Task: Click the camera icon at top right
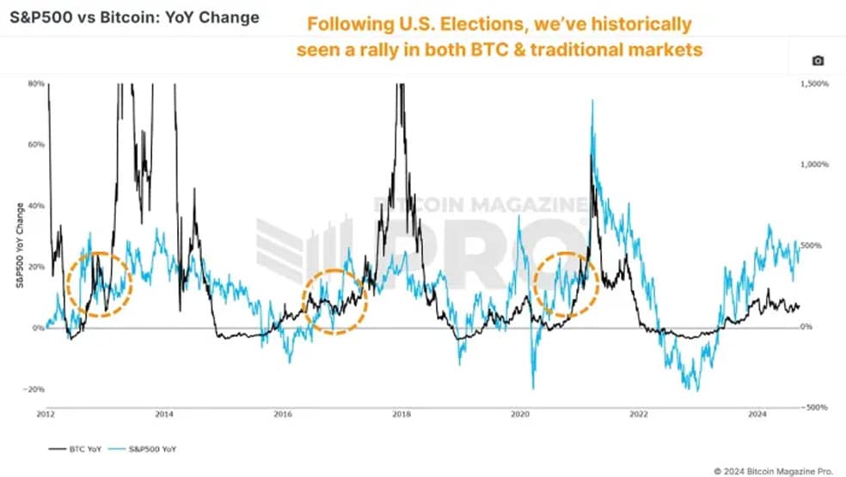[x=818, y=60]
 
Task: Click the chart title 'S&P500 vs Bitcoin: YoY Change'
[x=134, y=17]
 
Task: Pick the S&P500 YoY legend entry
[x=143, y=449]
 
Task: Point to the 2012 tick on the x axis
[x=46, y=414]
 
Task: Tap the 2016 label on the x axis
[x=283, y=414]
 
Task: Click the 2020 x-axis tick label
[x=520, y=414]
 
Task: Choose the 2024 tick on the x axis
[x=757, y=414]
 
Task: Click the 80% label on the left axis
[x=36, y=84]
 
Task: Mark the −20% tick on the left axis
[x=34, y=389]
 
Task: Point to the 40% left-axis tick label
[x=36, y=206]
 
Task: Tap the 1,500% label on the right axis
[x=814, y=84]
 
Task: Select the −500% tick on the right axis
[x=815, y=407]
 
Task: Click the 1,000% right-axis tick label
[x=814, y=164]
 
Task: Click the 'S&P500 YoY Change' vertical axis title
[x=20, y=245]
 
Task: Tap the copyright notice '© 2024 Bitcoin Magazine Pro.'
[x=773, y=472]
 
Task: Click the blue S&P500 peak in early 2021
[x=592, y=101]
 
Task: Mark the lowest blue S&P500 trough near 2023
[x=697, y=391]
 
